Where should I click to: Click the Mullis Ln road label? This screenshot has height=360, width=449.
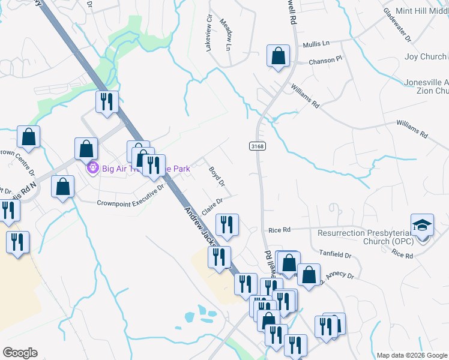pyautogui.click(x=316, y=44)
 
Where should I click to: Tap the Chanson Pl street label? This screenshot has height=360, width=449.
pyautogui.click(x=325, y=60)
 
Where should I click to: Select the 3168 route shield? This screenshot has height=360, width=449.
pyautogui.click(x=257, y=146)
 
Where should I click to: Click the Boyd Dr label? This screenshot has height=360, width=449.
pyautogui.click(x=216, y=175)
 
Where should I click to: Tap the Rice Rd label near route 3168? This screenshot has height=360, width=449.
pyautogui.click(x=279, y=230)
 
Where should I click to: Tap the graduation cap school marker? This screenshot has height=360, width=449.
pyautogui.click(x=422, y=226)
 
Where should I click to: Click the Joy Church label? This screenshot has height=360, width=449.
pyautogui.click(x=425, y=57)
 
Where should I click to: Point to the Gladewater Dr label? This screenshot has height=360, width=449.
pyautogui.click(x=396, y=25)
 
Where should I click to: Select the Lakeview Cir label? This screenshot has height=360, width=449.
pyautogui.click(x=209, y=36)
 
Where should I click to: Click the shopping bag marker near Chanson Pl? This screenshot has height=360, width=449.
pyautogui.click(x=279, y=57)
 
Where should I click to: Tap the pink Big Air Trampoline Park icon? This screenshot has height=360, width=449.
pyautogui.click(x=93, y=168)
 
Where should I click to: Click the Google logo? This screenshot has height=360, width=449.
pyautogui.click(x=20, y=353)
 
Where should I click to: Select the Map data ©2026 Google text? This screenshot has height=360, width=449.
pyautogui.click(x=411, y=355)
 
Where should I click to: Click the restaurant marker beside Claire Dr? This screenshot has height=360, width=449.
pyautogui.click(x=227, y=225)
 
